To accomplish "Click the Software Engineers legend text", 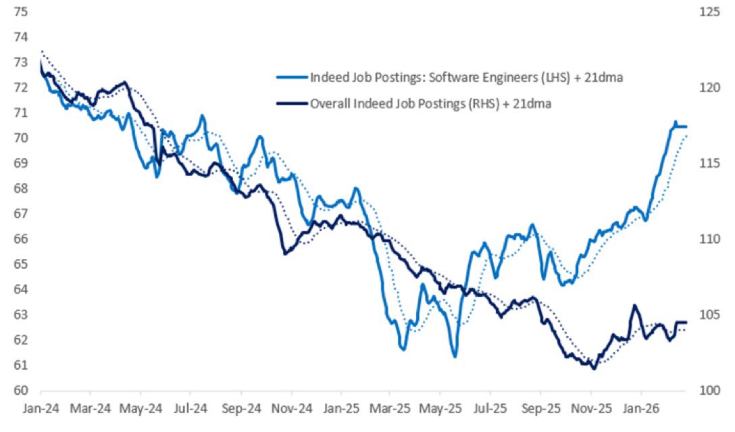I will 465,78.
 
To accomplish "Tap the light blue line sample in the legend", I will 292,78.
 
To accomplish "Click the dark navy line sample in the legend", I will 292,103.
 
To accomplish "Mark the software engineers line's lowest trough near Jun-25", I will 455,356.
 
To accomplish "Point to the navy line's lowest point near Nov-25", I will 594,368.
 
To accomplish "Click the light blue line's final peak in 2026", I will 674,122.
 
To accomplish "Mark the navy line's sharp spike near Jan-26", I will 634,306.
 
